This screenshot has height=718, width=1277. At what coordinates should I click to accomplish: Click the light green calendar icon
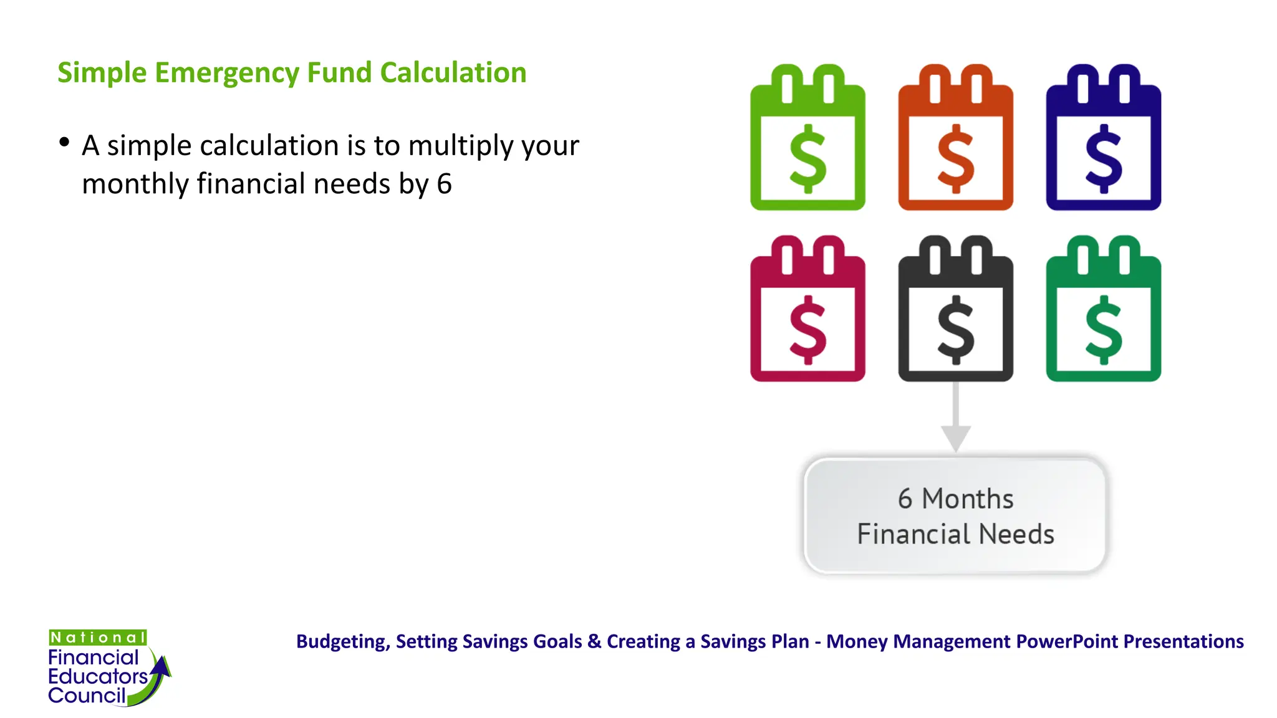[x=807, y=138]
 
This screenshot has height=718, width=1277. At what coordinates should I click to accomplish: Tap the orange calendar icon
[x=955, y=138]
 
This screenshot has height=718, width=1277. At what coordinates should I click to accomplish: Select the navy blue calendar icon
[x=1103, y=138]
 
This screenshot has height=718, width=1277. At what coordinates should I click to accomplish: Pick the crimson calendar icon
[x=807, y=310]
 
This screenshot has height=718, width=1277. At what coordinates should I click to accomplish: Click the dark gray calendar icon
[x=955, y=310]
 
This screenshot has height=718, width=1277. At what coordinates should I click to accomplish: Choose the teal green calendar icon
[x=1103, y=310]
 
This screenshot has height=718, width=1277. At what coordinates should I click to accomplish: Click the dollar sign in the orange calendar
[x=955, y=159]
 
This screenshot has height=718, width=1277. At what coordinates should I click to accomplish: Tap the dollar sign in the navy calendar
[x=1103, y=159]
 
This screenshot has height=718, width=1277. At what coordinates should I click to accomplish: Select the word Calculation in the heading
[x=453, y=73]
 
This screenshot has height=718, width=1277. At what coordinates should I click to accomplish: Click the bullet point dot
[x=64, y=143]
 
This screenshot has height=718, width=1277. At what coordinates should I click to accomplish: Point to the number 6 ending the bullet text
[x=444, y=184]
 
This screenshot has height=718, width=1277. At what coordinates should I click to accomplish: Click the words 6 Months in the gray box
[x=955, y=499]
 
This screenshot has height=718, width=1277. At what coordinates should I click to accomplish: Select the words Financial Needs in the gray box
[x=955, y=535]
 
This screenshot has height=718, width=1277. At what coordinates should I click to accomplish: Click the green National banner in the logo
[x=98, y=638]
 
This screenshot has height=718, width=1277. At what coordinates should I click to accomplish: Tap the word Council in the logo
[x=87, y=696]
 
